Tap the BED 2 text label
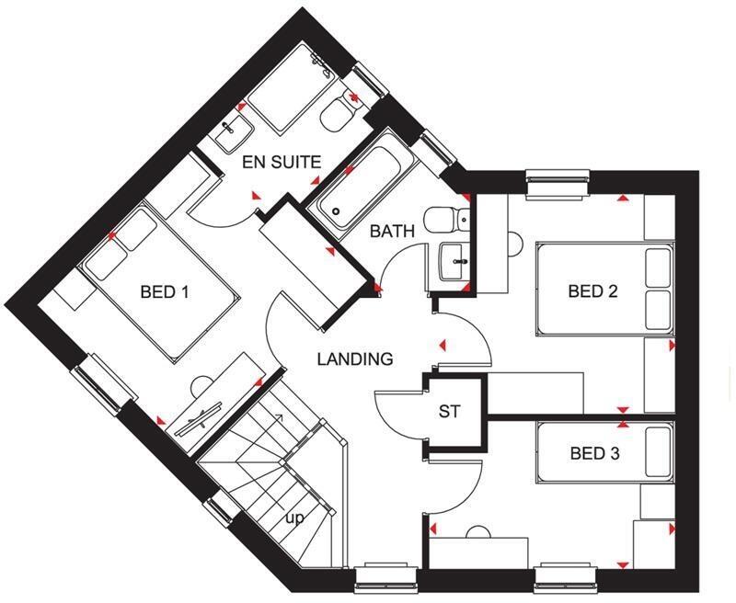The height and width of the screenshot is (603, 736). pos(592,292)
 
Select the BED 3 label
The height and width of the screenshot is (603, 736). pos(594,453)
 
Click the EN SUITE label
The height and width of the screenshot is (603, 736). pos(282,163)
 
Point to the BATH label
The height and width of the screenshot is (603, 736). pos(392,232)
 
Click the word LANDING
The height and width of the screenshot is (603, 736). pos(355,359)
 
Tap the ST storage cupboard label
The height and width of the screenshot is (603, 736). pos(449,412)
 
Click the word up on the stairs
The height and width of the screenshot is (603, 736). pos(294,518)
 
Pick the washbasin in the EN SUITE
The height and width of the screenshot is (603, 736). pos(228,134)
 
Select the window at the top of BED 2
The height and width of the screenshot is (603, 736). pos(558,182)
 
